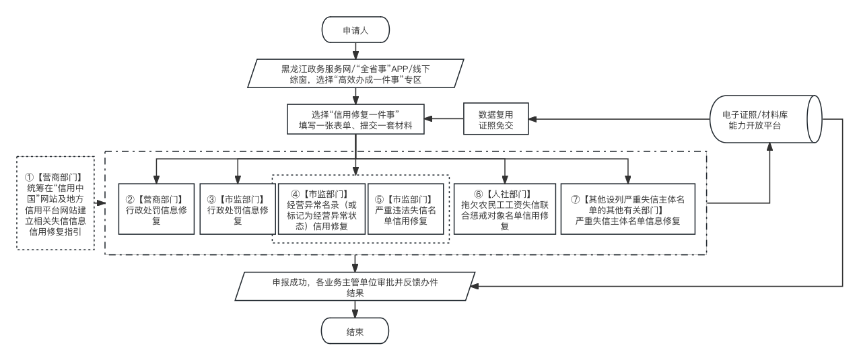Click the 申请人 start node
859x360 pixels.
tap(355, 30)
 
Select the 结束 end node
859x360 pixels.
tap(355, 332)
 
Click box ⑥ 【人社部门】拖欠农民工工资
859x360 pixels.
tap(505, 209)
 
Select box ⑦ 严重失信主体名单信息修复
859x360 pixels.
tap(627, 209)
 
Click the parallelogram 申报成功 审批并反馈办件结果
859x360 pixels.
tap(355, 287)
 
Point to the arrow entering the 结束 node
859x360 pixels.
tap(355, 310)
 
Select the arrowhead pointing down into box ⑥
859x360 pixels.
tap(505, 178)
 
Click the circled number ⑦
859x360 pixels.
tap(574, 199)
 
